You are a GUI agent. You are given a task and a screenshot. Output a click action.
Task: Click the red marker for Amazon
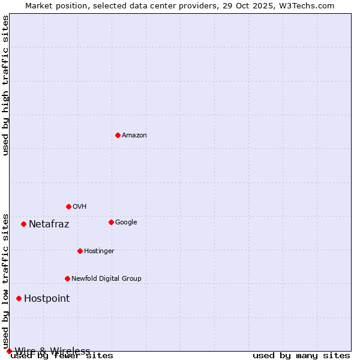click(118, 135)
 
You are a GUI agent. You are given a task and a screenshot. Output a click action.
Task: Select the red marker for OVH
click(68, 206)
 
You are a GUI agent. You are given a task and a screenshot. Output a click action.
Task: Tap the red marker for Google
click(111, 222)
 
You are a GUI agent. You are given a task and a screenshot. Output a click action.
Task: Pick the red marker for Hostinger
click(80, 251)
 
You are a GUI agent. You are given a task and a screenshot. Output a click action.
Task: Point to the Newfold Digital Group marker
click(67, 278)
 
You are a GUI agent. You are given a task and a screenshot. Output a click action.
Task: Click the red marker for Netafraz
click(23, 224)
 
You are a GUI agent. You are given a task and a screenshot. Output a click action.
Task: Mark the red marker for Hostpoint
click(19, 298)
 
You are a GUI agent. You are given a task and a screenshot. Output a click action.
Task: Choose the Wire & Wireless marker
click(9, 351)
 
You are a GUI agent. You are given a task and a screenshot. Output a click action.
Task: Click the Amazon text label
click(134, 135)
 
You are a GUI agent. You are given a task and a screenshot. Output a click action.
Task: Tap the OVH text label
click(80, 206)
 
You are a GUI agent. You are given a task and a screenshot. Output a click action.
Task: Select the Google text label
click(126, 222)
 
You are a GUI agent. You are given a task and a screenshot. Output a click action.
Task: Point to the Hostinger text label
click(99, 251)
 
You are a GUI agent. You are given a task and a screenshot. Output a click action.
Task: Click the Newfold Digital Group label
click(106, 278)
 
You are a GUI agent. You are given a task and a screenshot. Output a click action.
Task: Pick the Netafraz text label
click(49, 224)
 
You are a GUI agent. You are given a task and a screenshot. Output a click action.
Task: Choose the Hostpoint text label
click(47, 299)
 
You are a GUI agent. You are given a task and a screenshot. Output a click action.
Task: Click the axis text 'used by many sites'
click(301, 355)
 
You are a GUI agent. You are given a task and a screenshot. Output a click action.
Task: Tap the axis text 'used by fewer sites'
click(62, 355)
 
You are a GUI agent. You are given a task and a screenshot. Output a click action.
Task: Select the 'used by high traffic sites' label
click(5, 85)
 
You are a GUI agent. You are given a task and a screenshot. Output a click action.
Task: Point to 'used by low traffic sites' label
click(5, 281)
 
